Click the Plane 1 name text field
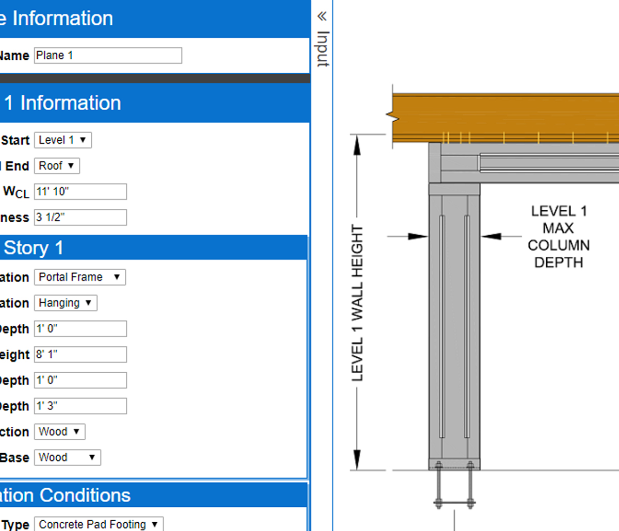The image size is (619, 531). coord(108,56)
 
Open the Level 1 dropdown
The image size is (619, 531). coord(63,140)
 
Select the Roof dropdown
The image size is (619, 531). coord(57,166)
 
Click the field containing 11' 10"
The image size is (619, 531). coord(80,192)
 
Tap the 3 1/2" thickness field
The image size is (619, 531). coord(80,218)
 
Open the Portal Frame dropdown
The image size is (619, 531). coord(80,277)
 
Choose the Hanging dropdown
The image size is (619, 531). coord(66,303)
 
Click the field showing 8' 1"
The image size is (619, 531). coord(80,355)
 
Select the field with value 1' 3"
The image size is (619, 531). coord(80,406)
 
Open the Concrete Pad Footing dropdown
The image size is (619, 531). coord(99,524)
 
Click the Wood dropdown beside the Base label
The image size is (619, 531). coord(67,458)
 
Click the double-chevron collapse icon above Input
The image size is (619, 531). coord(322,16)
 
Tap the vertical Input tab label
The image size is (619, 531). coord(322,49)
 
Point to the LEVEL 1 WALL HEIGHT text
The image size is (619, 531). coord(357,303)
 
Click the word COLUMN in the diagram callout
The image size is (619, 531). coord(558,245)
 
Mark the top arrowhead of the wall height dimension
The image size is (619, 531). coord(356,145)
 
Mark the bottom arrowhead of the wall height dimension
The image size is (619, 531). coord(356,459)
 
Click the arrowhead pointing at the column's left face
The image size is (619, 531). coord(418,237)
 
